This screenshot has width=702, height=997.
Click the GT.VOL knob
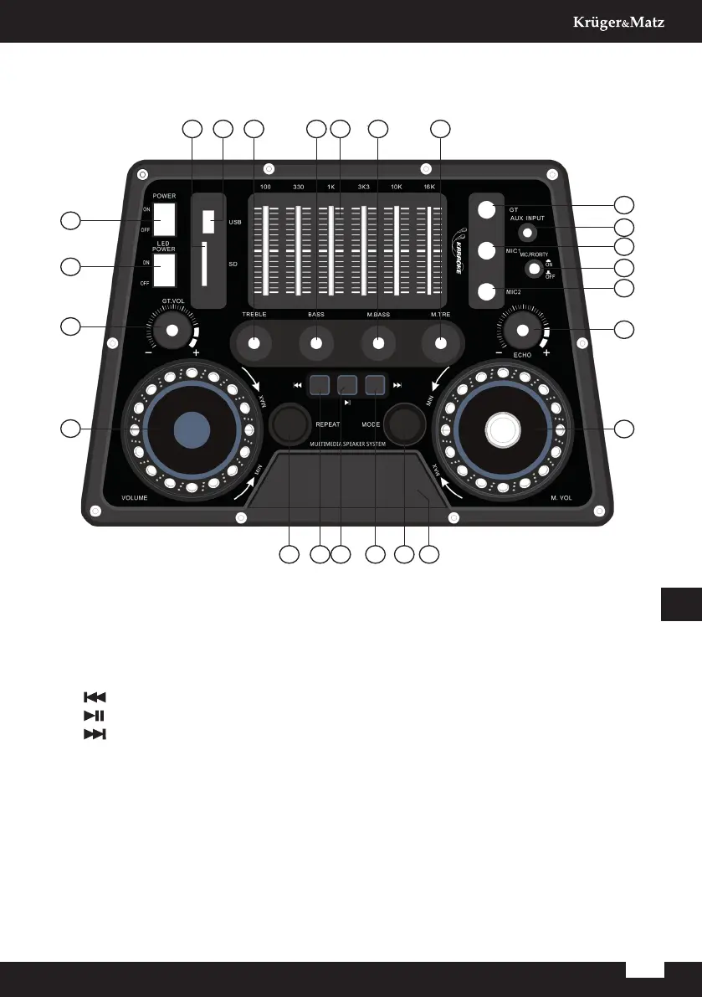(172, 331)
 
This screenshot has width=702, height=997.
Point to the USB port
(208, 222)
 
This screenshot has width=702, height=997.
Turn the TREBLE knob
(254, 342)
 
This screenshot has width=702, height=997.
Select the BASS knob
(316, 342)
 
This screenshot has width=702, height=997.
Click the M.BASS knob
(378, 342)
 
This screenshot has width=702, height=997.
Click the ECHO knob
(523, 331)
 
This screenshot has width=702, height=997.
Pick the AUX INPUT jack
(526, 232)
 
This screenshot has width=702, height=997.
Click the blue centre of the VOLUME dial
(191, 429)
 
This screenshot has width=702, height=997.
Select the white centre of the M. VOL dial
(504, 429)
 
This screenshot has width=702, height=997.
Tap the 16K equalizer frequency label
(429, 186)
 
